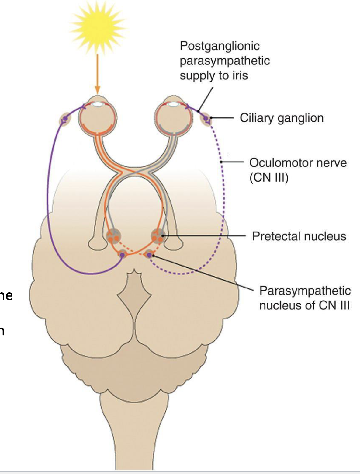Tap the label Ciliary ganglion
[281, 118]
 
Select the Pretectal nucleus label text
[299, 236]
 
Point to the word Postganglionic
[220, 46]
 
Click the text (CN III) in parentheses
[268, 177]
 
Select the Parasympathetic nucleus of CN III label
[304, 298]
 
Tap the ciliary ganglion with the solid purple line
[65, 119]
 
